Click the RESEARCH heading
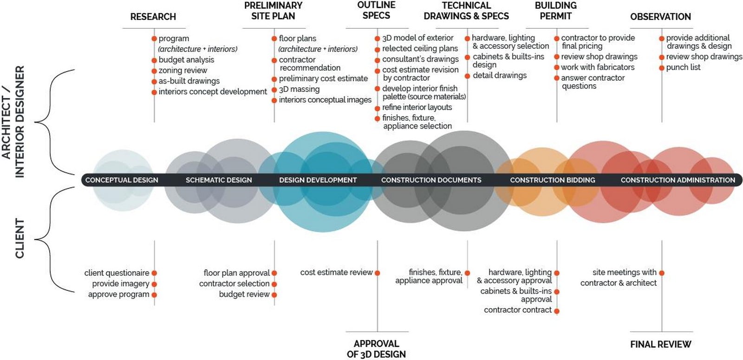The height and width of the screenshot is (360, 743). coord(153,17)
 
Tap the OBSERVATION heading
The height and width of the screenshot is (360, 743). coord(660,17)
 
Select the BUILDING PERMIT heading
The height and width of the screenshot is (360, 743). coord(555,11)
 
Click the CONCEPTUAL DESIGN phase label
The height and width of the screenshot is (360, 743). coord(122,180)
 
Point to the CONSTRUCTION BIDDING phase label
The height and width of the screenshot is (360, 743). coord(552,180)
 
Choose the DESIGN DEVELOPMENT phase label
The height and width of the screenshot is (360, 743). coord(318,180)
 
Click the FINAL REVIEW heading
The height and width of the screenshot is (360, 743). coord(661,344)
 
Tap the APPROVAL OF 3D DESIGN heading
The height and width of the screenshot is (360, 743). coord(376,349)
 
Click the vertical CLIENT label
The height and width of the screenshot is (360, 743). coord(20,238)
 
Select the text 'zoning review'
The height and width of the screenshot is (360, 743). coord(183,70)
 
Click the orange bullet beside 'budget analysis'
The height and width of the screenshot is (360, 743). coord(154,60)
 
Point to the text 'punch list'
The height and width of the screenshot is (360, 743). coord(683,67)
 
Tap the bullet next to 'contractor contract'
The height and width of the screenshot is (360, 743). coord(557,311)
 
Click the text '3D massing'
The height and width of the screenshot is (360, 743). coord(299,89)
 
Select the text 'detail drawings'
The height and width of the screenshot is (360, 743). coord(500,76)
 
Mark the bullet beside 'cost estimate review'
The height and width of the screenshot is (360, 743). coord(377,273)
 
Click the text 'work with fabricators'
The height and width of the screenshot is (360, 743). coord(598,67)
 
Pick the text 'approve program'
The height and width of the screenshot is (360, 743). coord(119,295)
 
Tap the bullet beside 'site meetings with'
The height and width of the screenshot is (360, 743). coord(662,273)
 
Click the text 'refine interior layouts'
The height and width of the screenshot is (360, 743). coord(417,107)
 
